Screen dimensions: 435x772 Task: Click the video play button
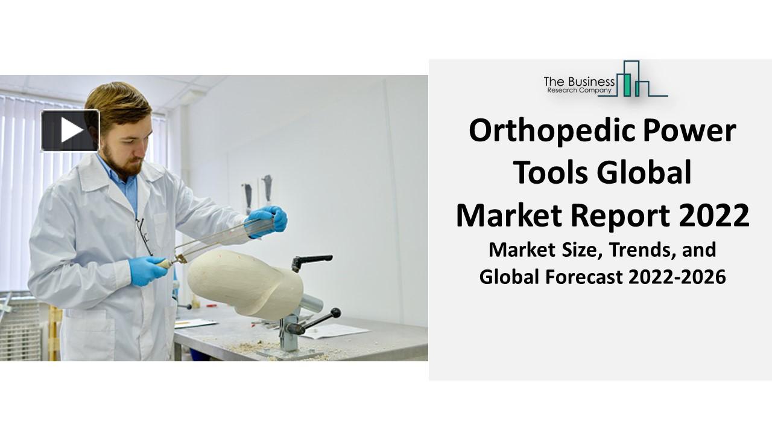point(70,130)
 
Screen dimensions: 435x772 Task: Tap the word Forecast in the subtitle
point(582,277)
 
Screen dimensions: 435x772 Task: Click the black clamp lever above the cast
point(312,260)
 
